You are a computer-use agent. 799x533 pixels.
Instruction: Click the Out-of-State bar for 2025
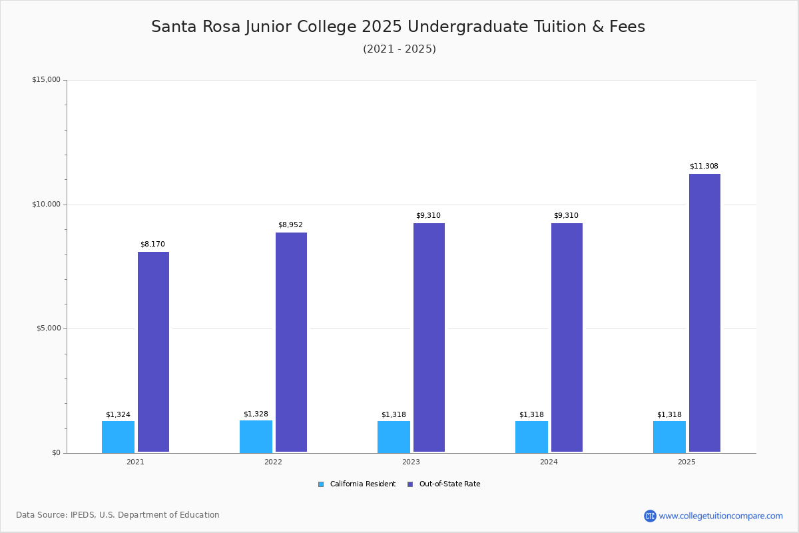coord(704,313)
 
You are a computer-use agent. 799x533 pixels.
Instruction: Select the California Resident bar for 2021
coord(118,436)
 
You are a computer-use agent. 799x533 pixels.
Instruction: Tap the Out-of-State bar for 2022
coord(291,342)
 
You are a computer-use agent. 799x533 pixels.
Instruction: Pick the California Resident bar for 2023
coord(394,436)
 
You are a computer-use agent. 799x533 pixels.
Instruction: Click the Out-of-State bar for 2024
coord(567,338)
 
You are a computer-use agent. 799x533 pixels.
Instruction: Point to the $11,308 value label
coord(704,167)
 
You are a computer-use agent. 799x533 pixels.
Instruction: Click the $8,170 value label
coord(152,245)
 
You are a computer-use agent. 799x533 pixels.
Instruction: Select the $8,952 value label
coord(290,225)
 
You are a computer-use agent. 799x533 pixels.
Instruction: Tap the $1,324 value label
coord(118,415)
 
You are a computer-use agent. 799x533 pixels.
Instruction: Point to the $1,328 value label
coord(256,414)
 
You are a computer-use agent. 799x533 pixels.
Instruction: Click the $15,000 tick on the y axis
coord(46,80)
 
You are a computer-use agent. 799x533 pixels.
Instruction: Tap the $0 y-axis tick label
coord(55,453)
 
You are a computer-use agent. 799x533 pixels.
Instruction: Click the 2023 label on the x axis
coord(411,462)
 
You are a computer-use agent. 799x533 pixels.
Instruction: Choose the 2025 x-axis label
coord(686,462)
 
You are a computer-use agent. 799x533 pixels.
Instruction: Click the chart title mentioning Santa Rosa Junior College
coord(398,27)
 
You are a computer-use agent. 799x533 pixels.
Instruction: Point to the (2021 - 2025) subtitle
coord(400,49)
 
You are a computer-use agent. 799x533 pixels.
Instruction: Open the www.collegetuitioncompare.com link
coord(720,516)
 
